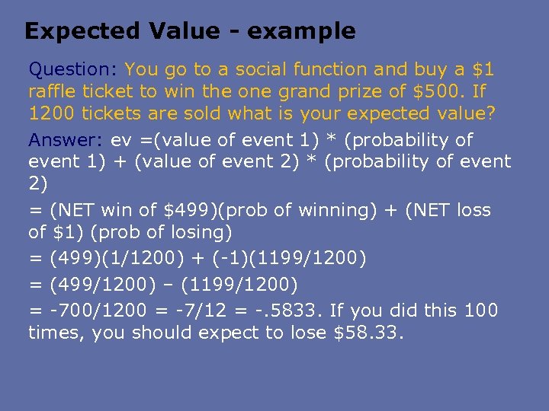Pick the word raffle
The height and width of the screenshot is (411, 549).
(x=53, y=92)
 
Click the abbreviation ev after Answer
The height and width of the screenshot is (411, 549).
(x=120, y=140)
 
